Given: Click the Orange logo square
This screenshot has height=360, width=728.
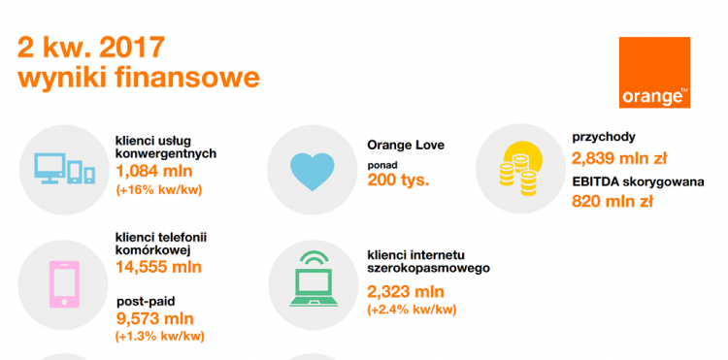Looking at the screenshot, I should (655, 73).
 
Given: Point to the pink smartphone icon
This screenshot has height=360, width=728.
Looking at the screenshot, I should (64, 279).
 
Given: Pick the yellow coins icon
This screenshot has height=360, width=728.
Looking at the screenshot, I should (518, 164).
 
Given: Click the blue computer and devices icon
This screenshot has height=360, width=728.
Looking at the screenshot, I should (64, 169).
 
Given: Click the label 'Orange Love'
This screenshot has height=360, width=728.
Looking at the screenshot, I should (405, 146).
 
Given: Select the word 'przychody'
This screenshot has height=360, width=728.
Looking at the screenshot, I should (604, 137).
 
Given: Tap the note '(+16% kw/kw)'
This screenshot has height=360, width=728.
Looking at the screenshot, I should (158, 190).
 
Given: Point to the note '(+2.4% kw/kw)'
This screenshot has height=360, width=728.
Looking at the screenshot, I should (412, 310).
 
